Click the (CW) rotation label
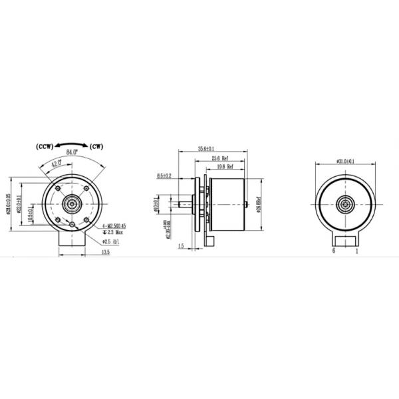pyautogui.click(x=97, y=146)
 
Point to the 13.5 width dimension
pyautogui.click(x=105, y=253)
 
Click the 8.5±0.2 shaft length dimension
pyautogui.click(x=164, y=176)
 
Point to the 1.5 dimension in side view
pyautogui.click(x=181, y=246)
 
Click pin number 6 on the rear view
pyautogui.click(x=333, y=252)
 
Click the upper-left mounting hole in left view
pyautogui.click(x=59, y=190)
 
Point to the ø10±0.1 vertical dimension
pyautogui.click(x=155, y=201)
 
